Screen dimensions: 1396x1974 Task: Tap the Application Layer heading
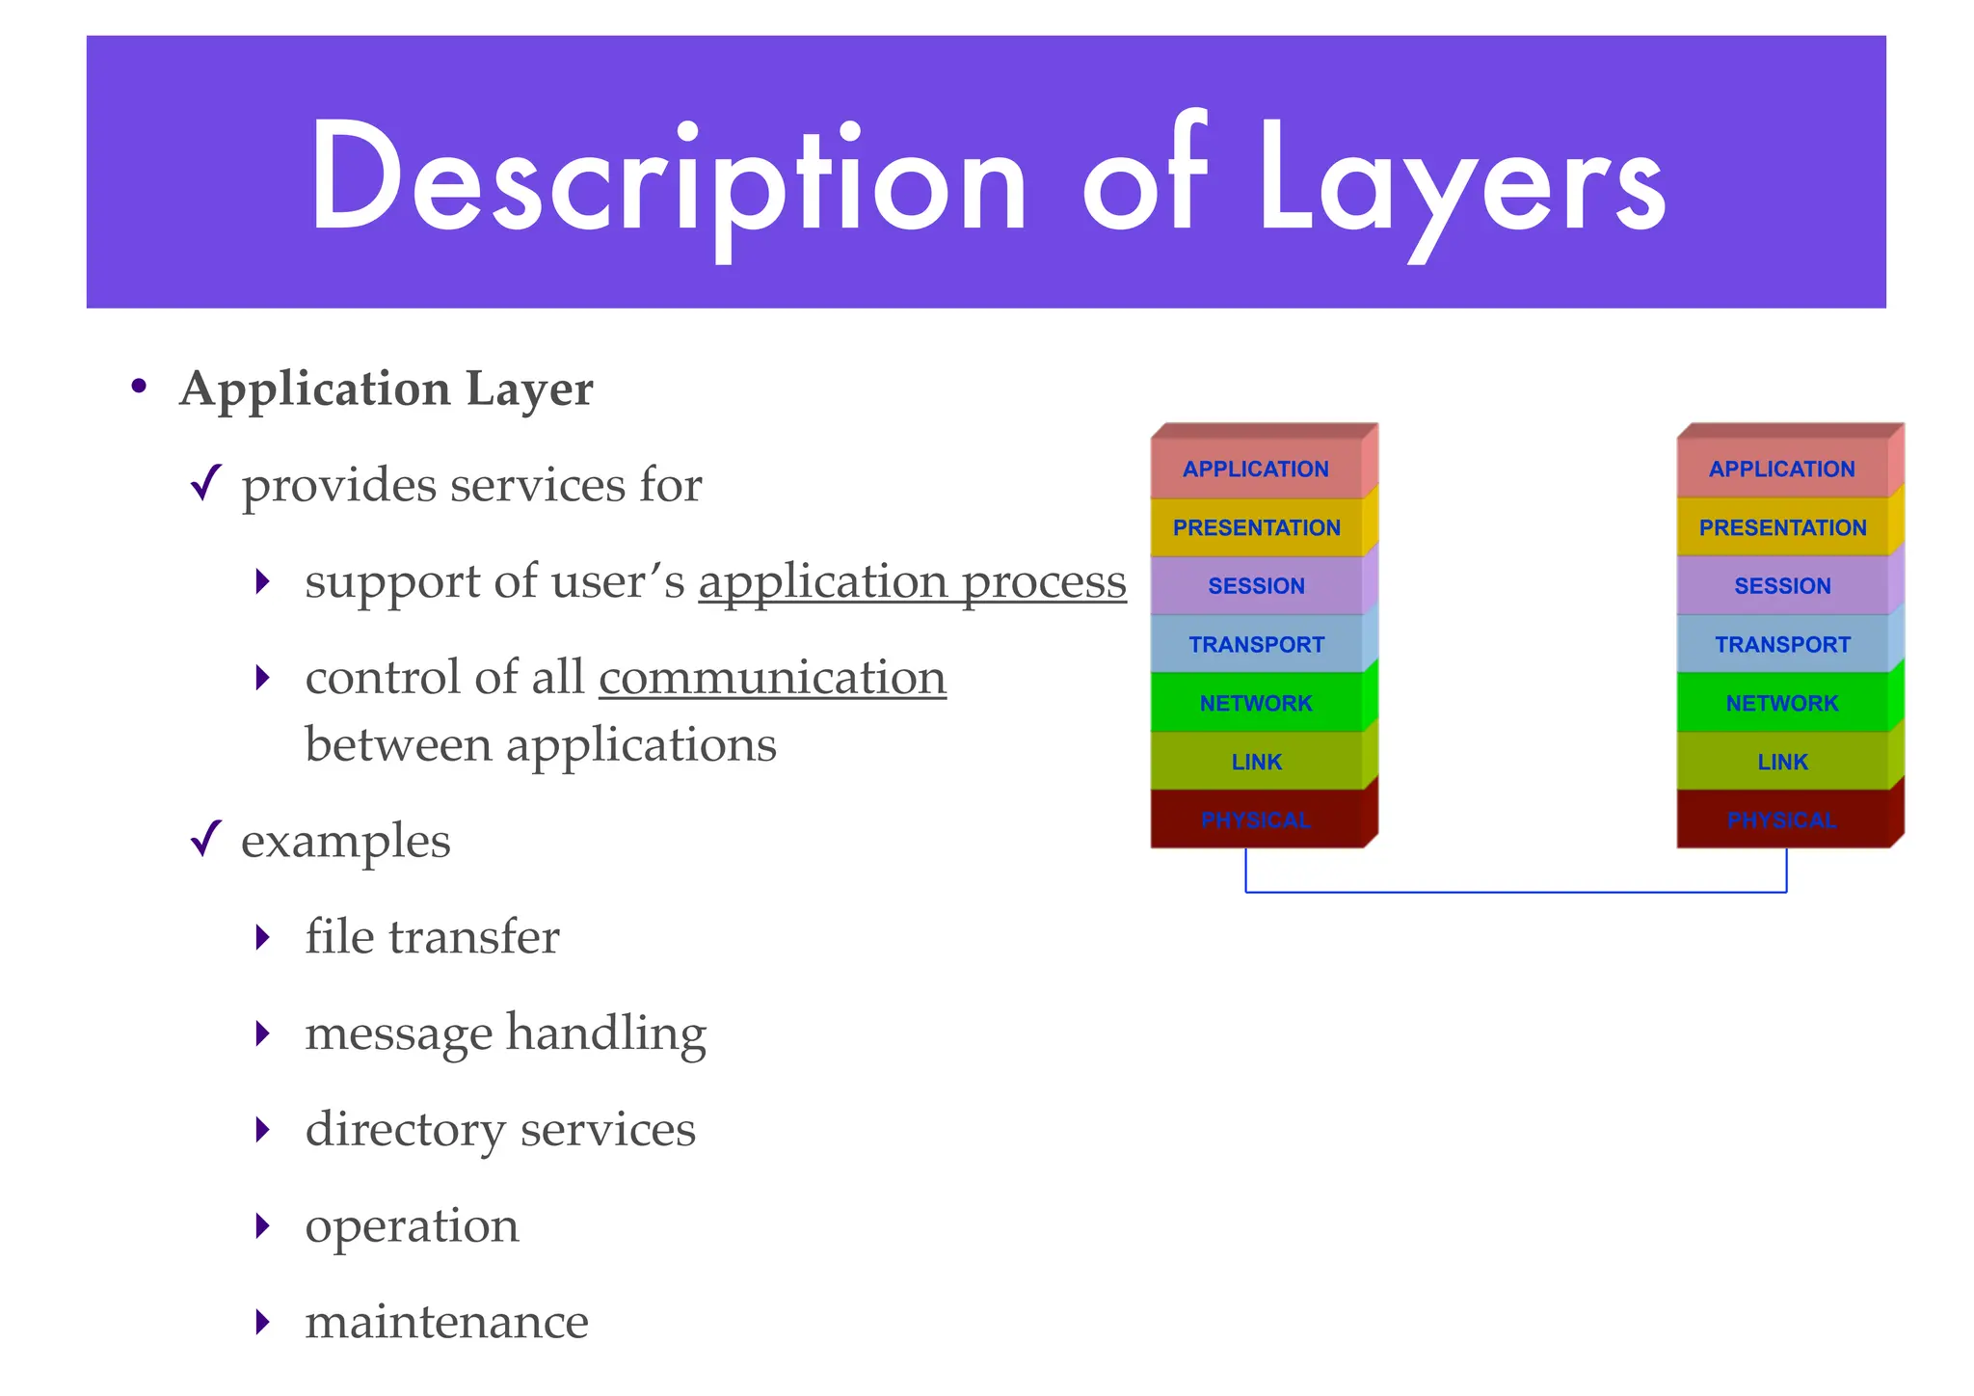pyautogui.click(x=386, y=389)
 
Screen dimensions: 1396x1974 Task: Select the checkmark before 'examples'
pyautogui.click(x=206, y=838)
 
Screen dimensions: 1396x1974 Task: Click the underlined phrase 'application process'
pyautogui.click(x=912, y=582)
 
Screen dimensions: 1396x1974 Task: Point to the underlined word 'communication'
pyautogui.click(x=772, y=678)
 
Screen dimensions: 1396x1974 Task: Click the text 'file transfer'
pyautogui.click(x=432, y=937)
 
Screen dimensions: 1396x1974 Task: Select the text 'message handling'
pyautogui.click(x=505, y=1034)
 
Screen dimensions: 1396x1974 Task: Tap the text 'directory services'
pyautogui.click(x=499, y=1129)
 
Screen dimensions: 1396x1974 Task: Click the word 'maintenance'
pyautogui.click(x=446, y=1322)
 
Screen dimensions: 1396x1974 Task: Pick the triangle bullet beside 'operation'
pyautogui.click(x=262, y=1226)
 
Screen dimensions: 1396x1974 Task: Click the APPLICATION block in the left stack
pyautogui.click(x=1256, y=470)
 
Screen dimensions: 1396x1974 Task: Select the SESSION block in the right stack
pyautogui.click(x=1782, y=586)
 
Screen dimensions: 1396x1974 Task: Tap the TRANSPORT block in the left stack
pyautogui.click(x=1256, y=645)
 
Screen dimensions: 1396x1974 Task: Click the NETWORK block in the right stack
pyautogui.click(x=1782, y=704)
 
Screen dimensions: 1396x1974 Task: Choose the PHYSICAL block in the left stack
pyautogui.click(x=1256, y=820)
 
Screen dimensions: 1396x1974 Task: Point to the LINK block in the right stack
pyautogui.click(x=1782, y=763)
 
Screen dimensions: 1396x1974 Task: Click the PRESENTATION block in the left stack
pyautogui.click(x=1256, y=528)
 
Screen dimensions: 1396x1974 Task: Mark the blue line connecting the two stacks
pyautogui.click(x=1515, y=892)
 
